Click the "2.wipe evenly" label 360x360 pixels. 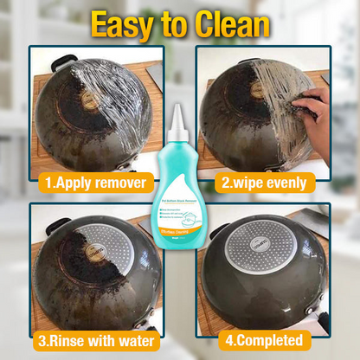[265, 183]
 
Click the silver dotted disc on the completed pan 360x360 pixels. [264, 251]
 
